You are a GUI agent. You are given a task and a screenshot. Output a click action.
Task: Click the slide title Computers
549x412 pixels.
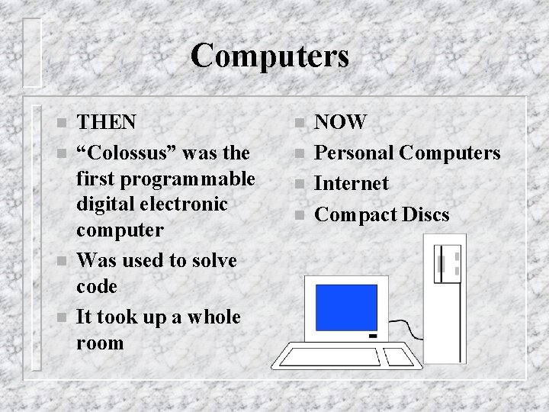tap(270, 56)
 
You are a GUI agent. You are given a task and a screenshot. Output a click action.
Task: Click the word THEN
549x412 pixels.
tap(108, 122)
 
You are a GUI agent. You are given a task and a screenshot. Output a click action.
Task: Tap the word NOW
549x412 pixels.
tap(341, 122)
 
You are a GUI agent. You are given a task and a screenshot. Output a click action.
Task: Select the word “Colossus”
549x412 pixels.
tap(128, 153)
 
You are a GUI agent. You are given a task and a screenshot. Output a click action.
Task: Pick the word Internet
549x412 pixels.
tap(352, 183)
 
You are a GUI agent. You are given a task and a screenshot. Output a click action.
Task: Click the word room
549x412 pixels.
tap(100, 343)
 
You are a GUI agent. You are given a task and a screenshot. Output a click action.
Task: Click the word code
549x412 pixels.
tap(98, 287)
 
